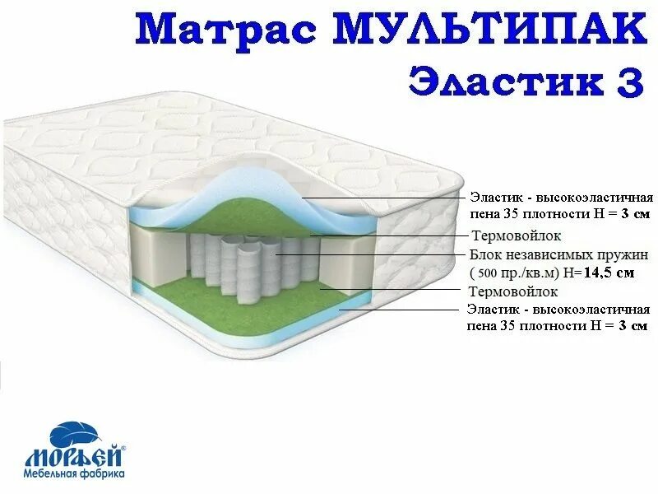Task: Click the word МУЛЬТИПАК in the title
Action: pyautogui.click(x=490, y=30)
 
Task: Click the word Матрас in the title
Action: pyautogui.click(x=229, y=30)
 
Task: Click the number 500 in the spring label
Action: pyautogui.click(x=488, y=273)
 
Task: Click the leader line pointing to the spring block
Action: pyautogui.click(x=370, y=254)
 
